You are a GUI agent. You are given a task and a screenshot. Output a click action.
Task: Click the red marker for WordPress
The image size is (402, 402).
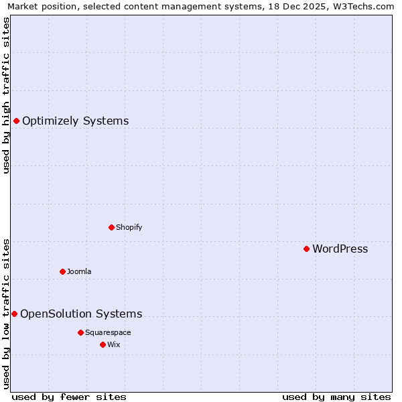point(306,249)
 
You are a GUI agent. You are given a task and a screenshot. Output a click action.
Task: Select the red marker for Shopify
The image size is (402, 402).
point(111,227)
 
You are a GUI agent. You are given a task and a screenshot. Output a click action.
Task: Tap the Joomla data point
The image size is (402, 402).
point(62,271)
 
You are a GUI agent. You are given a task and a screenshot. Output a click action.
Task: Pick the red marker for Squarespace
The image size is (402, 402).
point(80,332)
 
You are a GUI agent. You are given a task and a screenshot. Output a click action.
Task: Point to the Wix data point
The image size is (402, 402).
point(103,344)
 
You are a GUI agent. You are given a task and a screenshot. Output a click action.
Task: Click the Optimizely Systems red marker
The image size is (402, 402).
point(16,121)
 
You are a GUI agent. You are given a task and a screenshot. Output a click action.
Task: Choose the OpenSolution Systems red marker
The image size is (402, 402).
point(14,314)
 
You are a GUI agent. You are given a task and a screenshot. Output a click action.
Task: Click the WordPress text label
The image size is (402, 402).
point(340,249)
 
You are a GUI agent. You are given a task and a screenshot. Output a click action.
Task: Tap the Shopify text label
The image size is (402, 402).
point(129,227)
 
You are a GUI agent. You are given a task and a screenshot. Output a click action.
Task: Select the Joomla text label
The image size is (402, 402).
point(79,271)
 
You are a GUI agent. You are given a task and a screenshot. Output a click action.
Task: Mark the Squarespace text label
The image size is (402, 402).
point(108,332)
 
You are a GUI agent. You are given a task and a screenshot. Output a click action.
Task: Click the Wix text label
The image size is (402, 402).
point(113,344)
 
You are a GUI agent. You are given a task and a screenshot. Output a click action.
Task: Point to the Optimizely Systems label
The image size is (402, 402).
point(76,121)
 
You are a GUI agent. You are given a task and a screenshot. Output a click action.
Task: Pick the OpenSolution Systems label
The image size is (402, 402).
point(81,314)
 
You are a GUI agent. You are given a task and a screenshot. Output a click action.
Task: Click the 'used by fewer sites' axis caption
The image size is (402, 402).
point(69,397)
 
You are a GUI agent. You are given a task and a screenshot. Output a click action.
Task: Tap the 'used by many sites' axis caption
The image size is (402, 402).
point(336,397)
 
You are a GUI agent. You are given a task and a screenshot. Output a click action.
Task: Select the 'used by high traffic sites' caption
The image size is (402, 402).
point(6,94)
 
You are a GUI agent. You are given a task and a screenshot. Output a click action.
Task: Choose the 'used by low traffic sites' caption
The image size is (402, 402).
point(6,313)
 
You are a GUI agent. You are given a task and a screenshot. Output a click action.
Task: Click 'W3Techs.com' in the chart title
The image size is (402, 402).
point(364,6)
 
